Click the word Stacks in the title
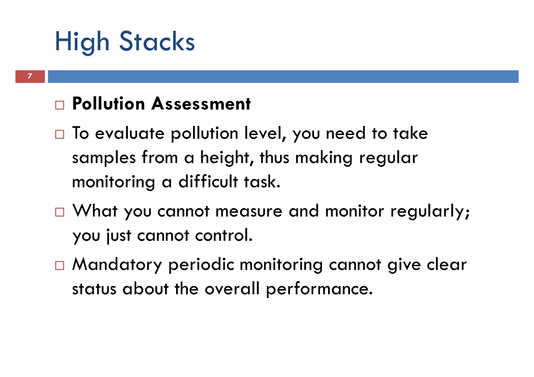(x=157, y=42)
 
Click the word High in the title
(x=82, y=42)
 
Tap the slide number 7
(x=30, y=76)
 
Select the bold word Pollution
(x=108, y=104)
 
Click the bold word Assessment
(x=201, y=104)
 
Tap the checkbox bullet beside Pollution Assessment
(x=60, y=105)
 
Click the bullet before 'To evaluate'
(x=60, y=134)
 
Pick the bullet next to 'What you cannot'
(x=60, y=212)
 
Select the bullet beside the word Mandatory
(x=60, y=265)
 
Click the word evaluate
(x=130, y=133)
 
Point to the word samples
(x=104, y=158)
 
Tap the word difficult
(x=208, y=182)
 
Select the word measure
(x=249, y=211)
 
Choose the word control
(x=224, y=235)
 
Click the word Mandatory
(x=117, y=265)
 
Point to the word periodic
(x=201, y=265)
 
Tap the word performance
(x=319, y=289)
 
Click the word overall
(x=232, y=289)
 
